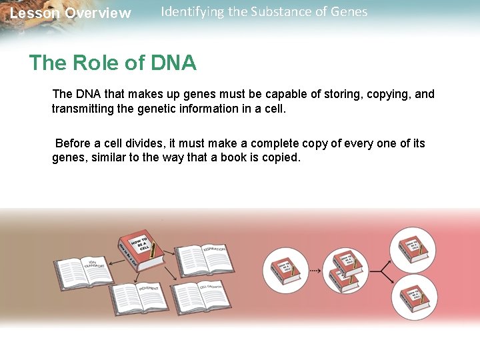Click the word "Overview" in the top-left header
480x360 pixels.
98,13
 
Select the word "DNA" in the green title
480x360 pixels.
173,63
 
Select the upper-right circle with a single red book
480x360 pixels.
413,247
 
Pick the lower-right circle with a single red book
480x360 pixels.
413,297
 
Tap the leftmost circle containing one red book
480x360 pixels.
287,271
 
